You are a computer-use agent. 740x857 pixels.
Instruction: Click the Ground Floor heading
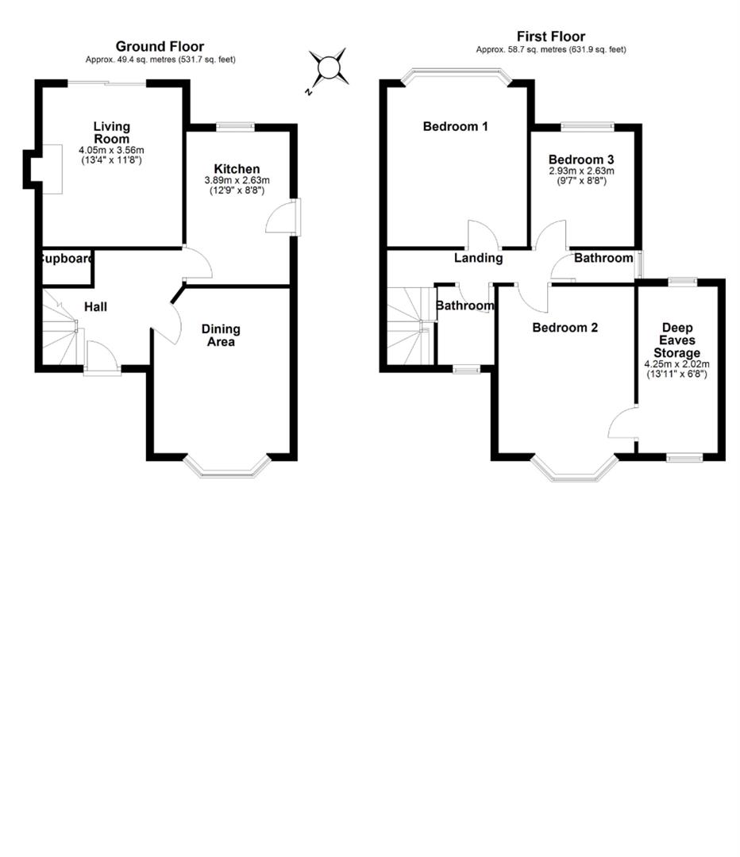tap(160, 47)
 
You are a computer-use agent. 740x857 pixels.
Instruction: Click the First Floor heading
tap(550, 37)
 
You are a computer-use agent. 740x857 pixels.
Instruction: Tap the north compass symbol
tap(328, 68)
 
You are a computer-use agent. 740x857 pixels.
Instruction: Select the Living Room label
tap(111, 133)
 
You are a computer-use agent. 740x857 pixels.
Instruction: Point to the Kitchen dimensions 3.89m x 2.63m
tap(237, 180)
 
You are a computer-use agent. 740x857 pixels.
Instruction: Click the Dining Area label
tap(221, 335)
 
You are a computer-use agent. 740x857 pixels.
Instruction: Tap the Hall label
tap(95, 307)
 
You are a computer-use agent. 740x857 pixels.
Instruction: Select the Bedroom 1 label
tap(455, 126)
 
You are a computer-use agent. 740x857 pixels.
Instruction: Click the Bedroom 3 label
tap(581, 159)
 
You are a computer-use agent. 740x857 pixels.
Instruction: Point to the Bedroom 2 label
tap(565, 328)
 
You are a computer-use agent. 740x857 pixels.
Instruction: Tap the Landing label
tap(478, 258)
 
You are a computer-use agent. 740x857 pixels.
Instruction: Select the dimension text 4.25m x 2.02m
tap(676, 363)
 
